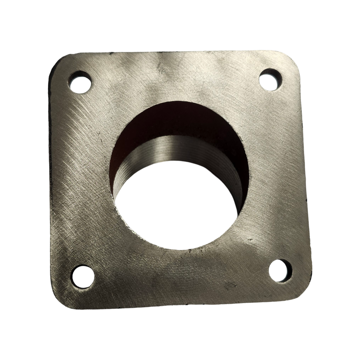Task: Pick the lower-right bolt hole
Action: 280,270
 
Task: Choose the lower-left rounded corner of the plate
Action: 61,297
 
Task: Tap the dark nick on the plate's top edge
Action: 111,54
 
